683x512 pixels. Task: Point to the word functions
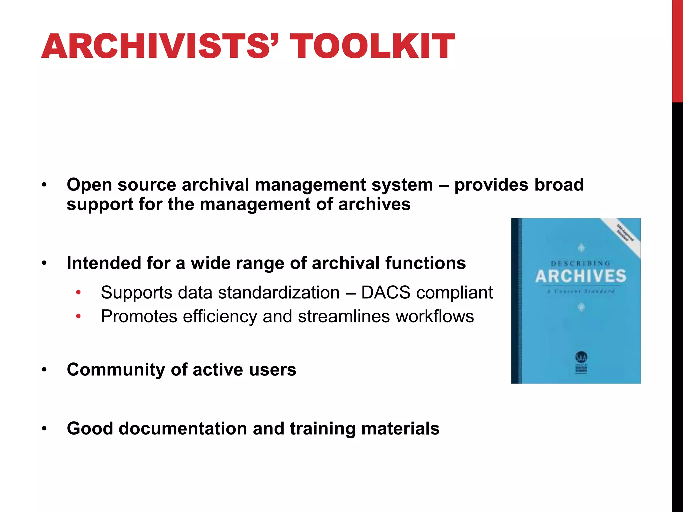tap(425, 263)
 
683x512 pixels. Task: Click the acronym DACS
tap(386, 293)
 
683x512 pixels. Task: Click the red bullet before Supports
tap(78, 293)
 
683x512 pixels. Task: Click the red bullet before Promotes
tap(78, 316)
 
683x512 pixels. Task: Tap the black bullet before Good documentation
tap(44, 429)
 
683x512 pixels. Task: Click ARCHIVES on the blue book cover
tap(581, 276)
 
